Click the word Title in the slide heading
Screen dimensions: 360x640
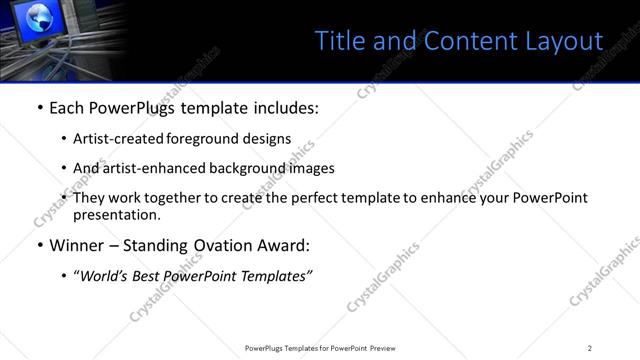[337, 41]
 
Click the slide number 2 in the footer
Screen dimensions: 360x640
[590, 347]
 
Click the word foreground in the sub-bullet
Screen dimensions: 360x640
[182, 139]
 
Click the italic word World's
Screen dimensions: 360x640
[106, 276]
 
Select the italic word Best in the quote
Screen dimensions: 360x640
[155, 276]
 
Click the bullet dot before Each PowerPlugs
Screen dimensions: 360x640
[39, 108]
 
